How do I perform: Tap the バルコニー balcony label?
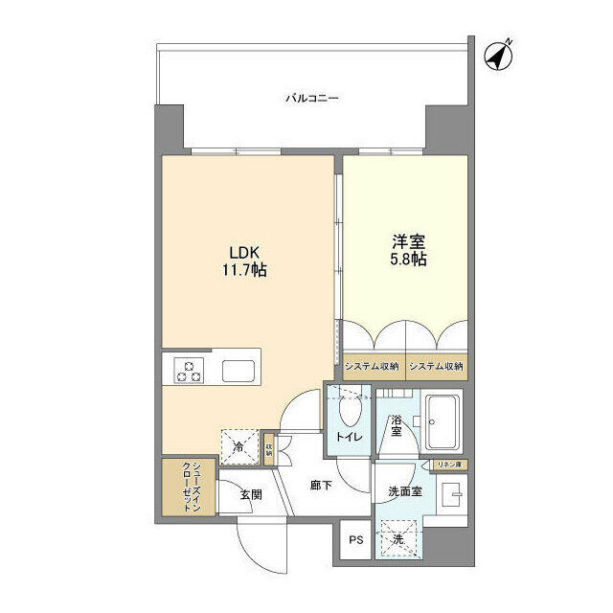click(x=312, y=98)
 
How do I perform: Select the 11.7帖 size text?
click(x=239, y=271)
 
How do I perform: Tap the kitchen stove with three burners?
click(x=188, y=370)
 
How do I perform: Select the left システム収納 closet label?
click(x=373, y=366)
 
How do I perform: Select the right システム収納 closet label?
click(x=436, y=366)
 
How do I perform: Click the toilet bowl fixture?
click(x=350, y=412)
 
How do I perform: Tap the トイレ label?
click(x=347, y=438)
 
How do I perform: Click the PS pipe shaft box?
click(x=355, y=540)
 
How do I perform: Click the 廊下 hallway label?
click(x=321, y=486)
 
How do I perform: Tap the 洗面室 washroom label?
click(x=405, y=491)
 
